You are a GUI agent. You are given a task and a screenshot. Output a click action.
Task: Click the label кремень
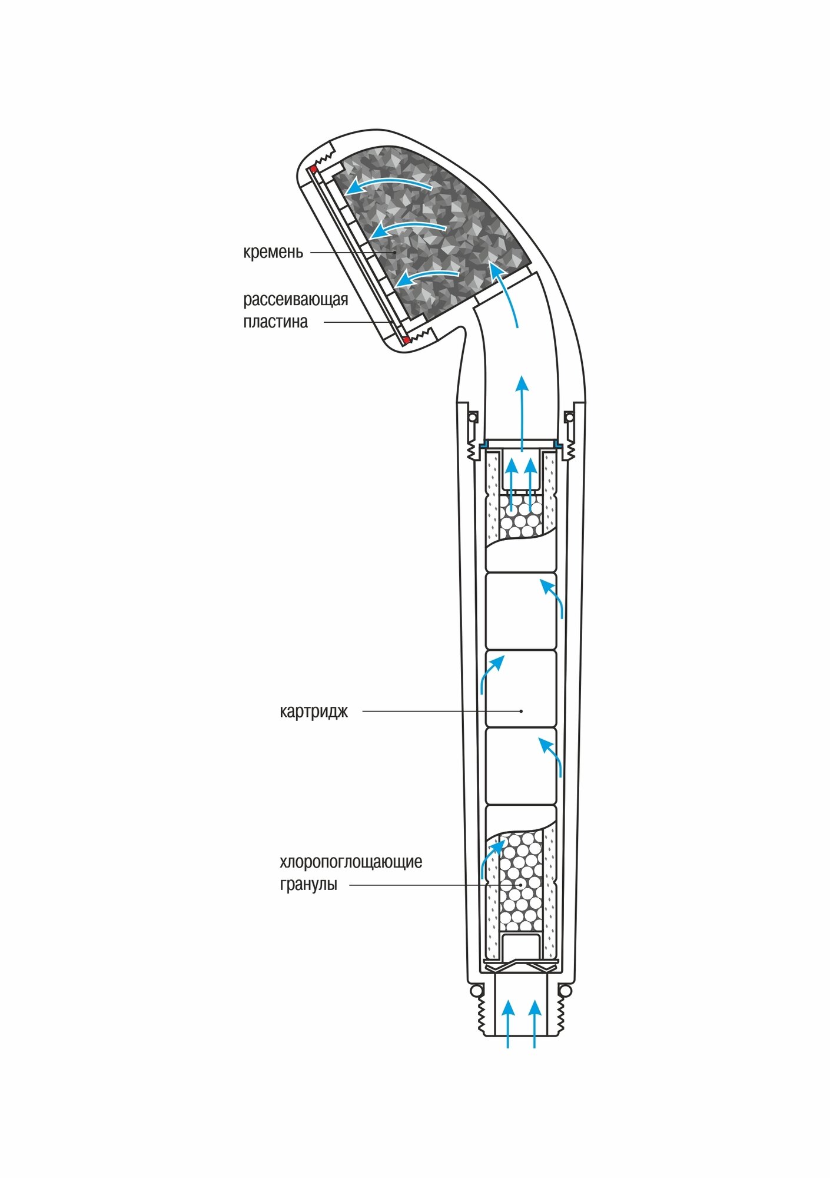(x=273, y=252)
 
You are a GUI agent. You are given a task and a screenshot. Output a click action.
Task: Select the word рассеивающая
(x=296, y=300)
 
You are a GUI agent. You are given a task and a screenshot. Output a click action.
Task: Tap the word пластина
(x=275, y=322)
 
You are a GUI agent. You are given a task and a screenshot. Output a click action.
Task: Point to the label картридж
(x=314, y=712)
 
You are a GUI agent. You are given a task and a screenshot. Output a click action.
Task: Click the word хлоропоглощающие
(x=351, y=862)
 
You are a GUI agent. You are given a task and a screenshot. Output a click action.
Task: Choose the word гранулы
(x=308, y=884)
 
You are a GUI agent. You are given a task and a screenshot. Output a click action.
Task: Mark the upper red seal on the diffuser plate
(x=313, y=170)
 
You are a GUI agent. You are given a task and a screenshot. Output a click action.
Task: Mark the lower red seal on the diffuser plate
(x=406, y=340)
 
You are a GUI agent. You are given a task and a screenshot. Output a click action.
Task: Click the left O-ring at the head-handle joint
(x=472, y=418)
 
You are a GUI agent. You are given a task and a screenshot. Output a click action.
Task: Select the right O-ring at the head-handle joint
(x=569, y=418)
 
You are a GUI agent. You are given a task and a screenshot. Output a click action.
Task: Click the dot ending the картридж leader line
(x=522, y=712)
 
